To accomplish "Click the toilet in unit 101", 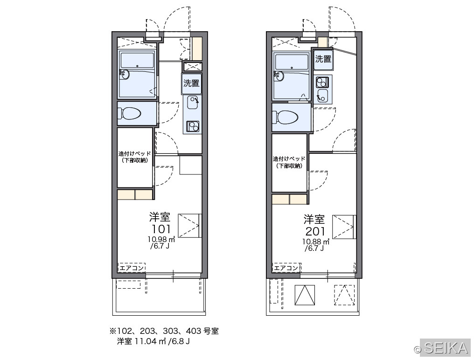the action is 130,114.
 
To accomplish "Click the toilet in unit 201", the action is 285,117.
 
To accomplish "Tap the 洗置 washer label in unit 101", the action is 191,83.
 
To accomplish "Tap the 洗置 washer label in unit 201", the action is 323,59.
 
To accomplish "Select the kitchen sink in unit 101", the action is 192,103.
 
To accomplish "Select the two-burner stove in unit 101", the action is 192,126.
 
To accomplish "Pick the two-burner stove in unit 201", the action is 322,82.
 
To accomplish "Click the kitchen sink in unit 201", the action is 322,96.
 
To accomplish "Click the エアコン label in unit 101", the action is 132,268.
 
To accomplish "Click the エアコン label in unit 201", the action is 286,268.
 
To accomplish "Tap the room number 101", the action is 161,229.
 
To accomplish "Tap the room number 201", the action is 315,231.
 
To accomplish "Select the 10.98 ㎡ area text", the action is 161,239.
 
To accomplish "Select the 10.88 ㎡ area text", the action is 316,242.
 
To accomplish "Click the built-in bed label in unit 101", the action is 134,157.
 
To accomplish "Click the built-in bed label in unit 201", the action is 289,162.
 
